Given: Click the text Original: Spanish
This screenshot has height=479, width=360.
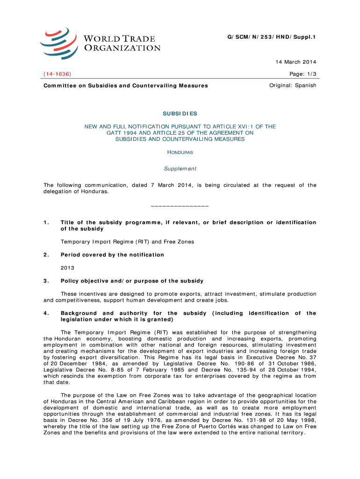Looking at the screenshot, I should point(293,86).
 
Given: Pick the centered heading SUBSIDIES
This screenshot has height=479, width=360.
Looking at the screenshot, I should point(180,113).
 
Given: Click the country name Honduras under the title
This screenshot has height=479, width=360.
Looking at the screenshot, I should point(180,152).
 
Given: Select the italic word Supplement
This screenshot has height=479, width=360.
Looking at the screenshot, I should point(180,168).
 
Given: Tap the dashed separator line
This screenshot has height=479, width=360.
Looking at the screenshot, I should point(180,206).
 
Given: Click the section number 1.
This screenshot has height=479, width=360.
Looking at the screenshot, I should point(45,222).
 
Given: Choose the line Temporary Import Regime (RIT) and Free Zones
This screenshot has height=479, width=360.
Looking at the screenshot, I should point(127,242).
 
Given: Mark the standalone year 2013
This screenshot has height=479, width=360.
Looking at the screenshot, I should point(67,268).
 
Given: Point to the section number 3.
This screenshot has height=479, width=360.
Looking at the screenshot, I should point(45,281).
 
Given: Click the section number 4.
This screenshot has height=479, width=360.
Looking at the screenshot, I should point(45,313).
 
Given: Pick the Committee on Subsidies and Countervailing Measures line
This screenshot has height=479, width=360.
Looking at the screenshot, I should point(125,86).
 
